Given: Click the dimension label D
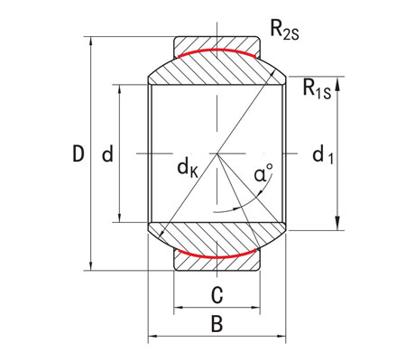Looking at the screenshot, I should point(78,154).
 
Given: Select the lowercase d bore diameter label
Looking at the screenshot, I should point(107,154).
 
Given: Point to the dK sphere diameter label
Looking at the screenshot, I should point(189,166).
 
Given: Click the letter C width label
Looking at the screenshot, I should point(217,293).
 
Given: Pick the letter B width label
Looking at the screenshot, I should point(217,322).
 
